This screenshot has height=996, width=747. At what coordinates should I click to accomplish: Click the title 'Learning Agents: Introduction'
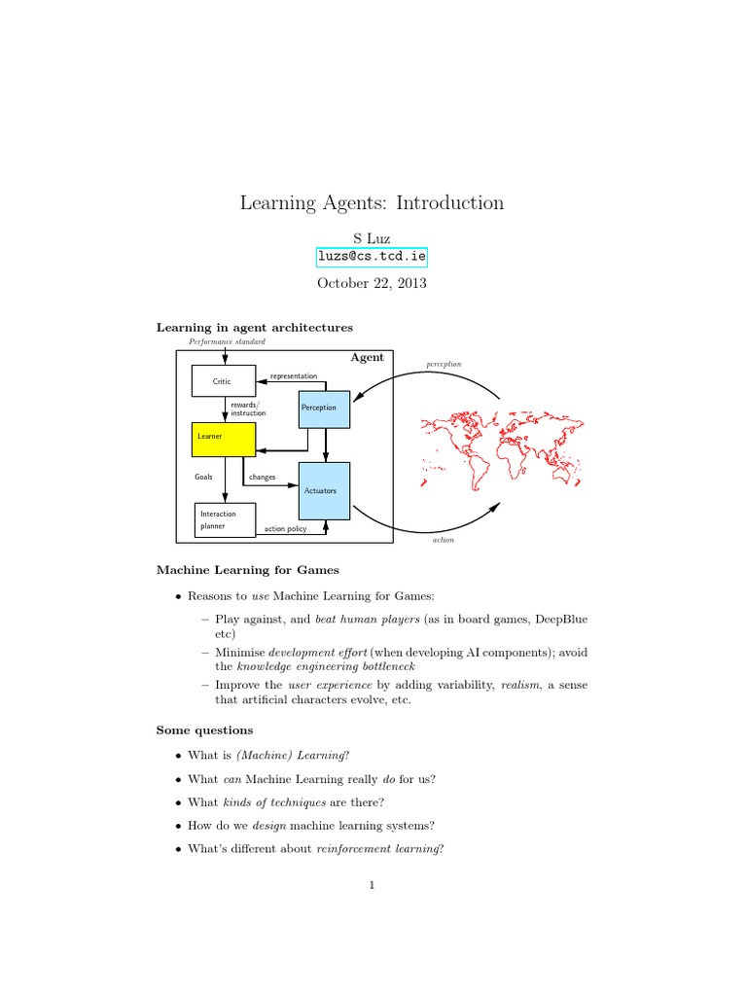(x=373, y=203)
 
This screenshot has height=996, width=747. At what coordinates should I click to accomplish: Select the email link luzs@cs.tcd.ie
(x=373, y=257)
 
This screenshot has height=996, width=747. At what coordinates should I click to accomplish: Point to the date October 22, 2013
(x=373, y=283)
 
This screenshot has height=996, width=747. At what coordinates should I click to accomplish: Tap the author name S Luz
(x=373, y=237)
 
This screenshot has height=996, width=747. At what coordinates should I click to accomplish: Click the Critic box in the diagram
(x=222, y=381)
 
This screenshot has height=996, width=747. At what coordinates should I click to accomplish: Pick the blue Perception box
(x=323, y=408)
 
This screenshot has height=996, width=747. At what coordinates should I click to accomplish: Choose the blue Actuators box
(x=324, y=491)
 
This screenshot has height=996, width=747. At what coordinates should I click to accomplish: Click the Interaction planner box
(x=225, y=519)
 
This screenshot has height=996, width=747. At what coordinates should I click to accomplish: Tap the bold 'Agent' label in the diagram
(x=367, y=358)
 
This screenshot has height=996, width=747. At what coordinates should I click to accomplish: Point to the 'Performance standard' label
(x=227, y=342)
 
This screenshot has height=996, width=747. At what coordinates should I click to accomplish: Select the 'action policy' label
(x=285, y=529)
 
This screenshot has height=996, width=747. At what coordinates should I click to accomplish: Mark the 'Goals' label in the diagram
(x=203, y=478)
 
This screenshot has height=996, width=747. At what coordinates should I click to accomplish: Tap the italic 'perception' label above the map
(x=444, y=364)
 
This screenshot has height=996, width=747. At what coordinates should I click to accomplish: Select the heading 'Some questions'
(x=204, y=729)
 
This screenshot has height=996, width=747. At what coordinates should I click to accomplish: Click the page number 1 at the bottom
(x=373, y=885)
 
